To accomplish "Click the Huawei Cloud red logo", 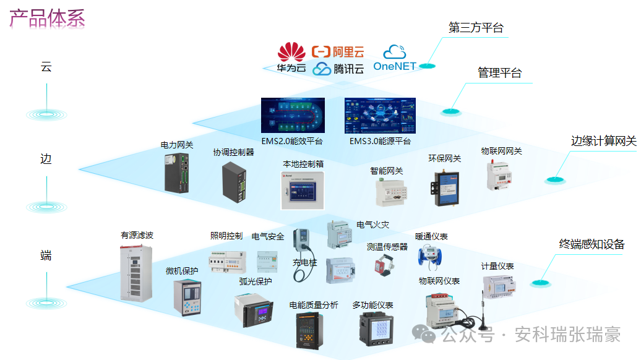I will coord(291,52).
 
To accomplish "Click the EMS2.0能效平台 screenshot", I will coord(293,116).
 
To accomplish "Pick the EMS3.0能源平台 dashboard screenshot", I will coord(380,116).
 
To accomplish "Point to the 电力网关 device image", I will coord(176,173).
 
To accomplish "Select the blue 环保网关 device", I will coord(444,184).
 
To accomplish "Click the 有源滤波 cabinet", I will coord(136,273).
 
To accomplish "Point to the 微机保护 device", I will coord(183,297).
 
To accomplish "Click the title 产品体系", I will coord(47,18).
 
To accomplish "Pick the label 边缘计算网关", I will coord(603,141).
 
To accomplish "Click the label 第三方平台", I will coord(476,28).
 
